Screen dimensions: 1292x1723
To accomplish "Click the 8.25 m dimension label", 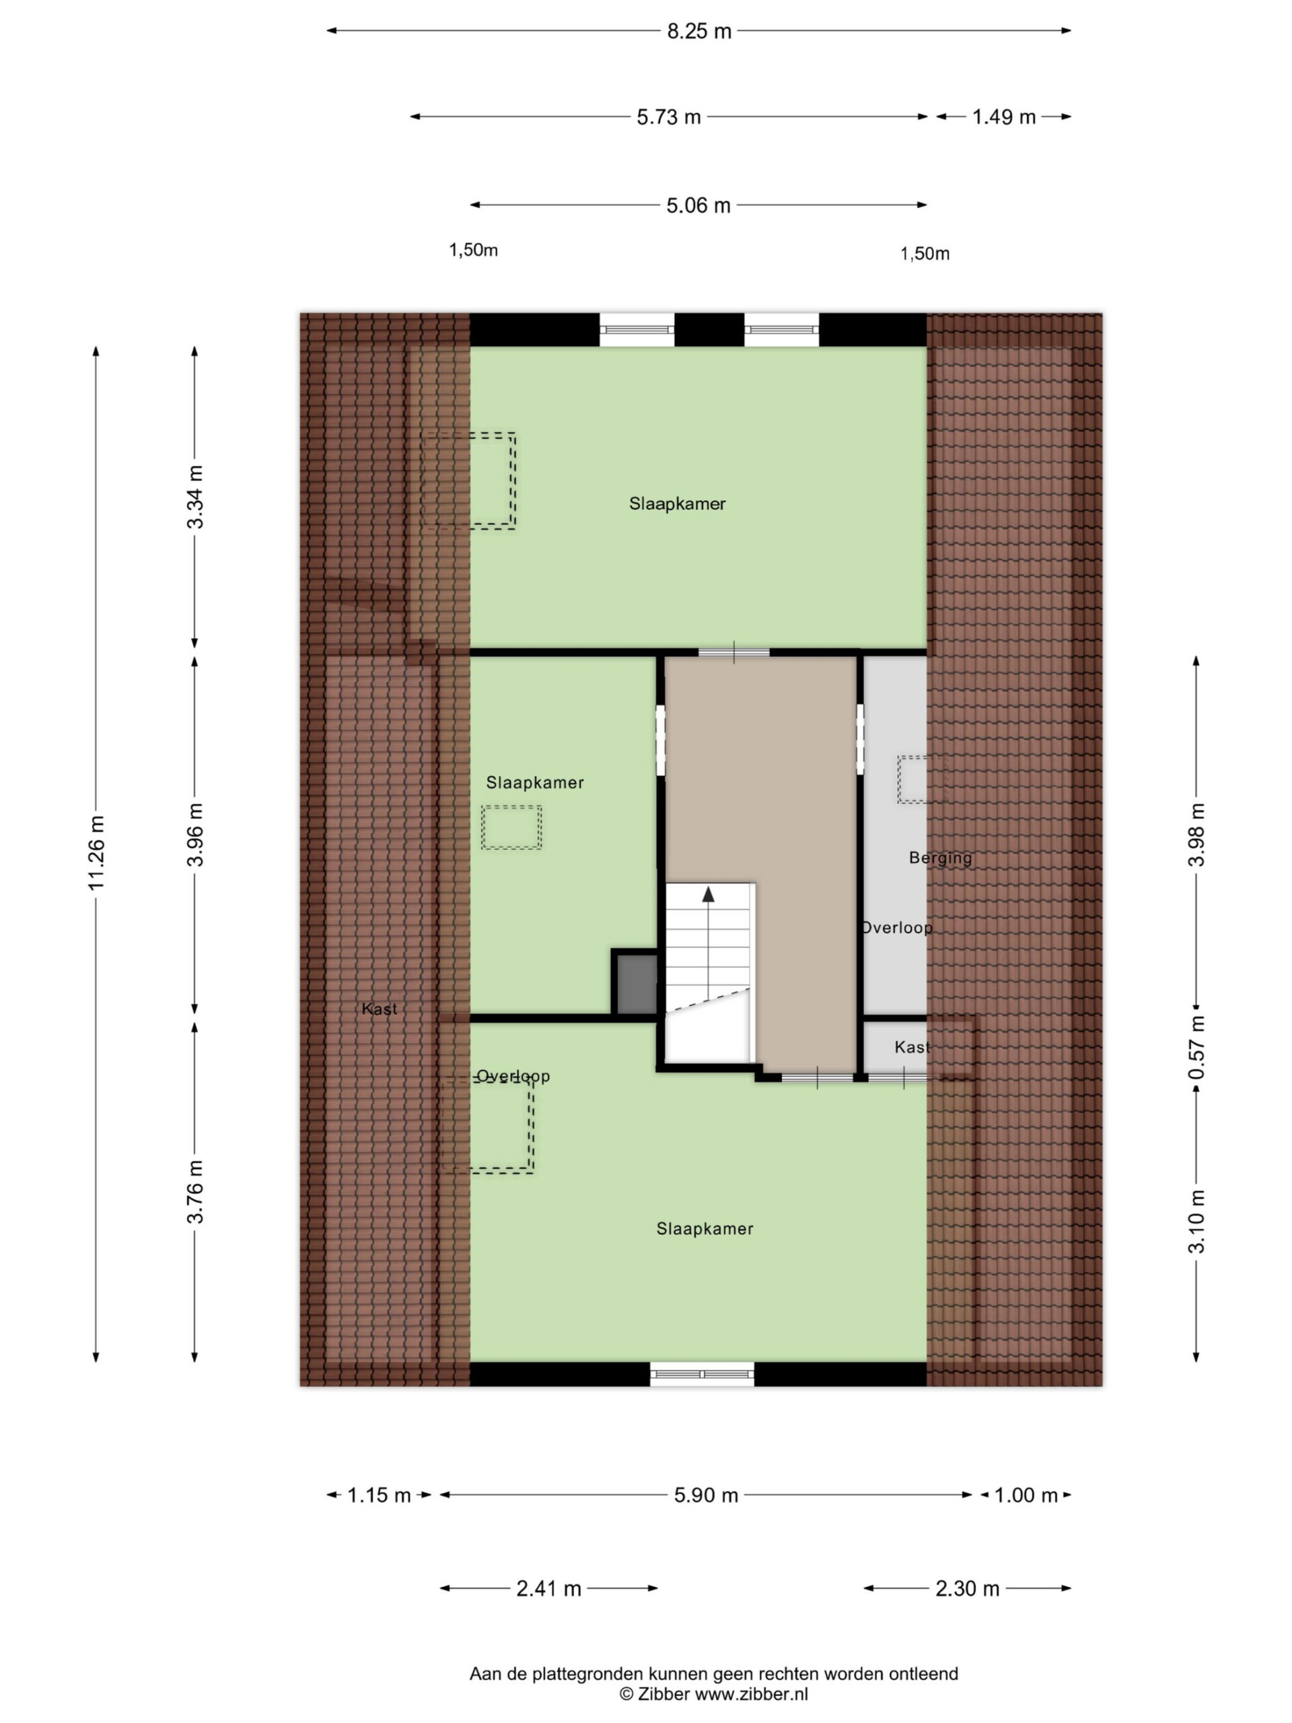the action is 698,31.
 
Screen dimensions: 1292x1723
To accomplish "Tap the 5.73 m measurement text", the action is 668,117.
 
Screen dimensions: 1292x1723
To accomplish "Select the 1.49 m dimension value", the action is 1003,117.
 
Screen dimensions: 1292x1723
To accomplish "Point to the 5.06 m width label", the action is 698,205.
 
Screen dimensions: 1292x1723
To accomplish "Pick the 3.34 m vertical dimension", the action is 194,497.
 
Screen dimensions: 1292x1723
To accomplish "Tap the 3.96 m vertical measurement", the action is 194,834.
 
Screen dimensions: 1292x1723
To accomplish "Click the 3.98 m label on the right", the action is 1196,834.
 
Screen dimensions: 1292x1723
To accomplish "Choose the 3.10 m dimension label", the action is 1196,1222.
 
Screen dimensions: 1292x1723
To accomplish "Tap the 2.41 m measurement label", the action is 548,1588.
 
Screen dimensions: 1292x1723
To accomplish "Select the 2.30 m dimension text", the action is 966,1588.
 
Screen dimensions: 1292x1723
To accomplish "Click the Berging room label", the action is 940,857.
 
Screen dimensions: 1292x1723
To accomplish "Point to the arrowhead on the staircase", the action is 708,894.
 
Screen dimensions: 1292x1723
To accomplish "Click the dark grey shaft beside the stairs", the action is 637,984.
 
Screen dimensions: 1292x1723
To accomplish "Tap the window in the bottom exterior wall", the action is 702,1373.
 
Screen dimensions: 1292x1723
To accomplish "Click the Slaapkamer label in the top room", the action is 677,504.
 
